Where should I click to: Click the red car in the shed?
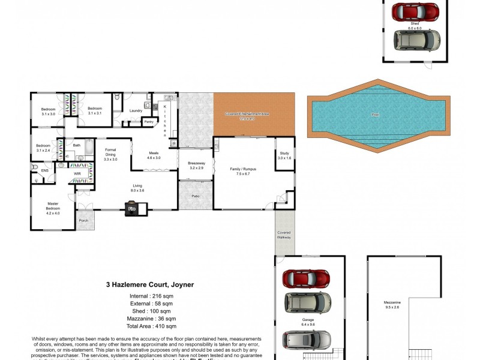point(415,11)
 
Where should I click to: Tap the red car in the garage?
point(306,278)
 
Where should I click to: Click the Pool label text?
point(376,115)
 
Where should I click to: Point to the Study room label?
point(284,155)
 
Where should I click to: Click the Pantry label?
point(149,121)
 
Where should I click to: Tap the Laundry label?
point(136,110)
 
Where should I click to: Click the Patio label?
point(196,196)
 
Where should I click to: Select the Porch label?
point(83,220)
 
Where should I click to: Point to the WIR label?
point(77,173)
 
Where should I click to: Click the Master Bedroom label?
point(53,207)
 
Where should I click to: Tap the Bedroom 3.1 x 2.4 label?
point(43,148)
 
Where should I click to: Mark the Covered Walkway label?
point(284,235)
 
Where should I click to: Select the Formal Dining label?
point(110,154)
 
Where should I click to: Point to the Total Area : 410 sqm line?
point(153,326)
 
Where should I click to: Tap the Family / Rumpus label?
point(243,172)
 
